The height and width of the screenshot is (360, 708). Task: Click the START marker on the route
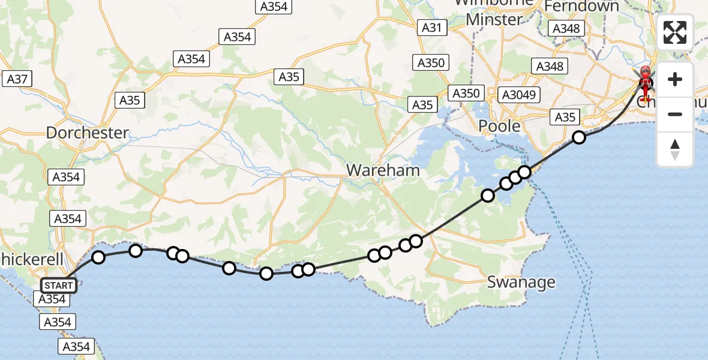click(59, 285)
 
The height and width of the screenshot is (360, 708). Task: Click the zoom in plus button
click(675, 79)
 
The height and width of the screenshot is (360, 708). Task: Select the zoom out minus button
click(675, 114)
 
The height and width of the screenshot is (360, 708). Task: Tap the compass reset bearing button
click(675, 149)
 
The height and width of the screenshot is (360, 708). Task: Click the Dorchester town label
click(88, 132)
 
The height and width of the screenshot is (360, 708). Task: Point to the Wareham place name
click(383, 170)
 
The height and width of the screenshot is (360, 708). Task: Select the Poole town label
click(499, 126)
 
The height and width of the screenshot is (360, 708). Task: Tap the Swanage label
click(521, 281)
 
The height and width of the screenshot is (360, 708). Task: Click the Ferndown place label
click(581, 7)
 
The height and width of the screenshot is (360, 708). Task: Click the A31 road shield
click(431, 27)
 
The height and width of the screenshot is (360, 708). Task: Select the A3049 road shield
click(520, 94)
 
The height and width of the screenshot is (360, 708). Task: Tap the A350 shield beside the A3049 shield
click(466, 93)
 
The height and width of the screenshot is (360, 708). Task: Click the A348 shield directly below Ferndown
click(566, 28)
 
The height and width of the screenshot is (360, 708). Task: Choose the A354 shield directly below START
click(52, 299)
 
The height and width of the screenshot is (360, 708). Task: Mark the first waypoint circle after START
click(98, 257)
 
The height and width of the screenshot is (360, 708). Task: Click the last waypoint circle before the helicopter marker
click(578, 137)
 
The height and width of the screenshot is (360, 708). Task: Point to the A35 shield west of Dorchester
click(130, 100)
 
